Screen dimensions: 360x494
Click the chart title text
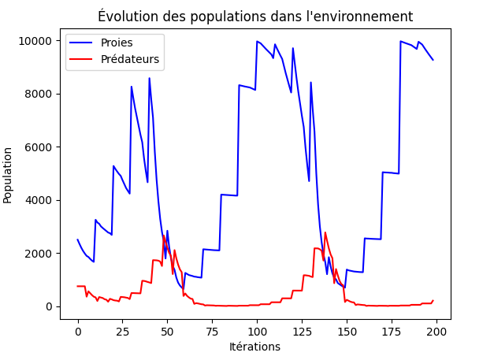254,17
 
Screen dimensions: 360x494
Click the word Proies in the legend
117,42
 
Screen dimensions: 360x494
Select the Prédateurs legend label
129,59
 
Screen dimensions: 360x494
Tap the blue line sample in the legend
82,43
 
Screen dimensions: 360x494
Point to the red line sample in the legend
82,59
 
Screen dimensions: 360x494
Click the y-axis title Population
9,175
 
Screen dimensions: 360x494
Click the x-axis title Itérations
254,347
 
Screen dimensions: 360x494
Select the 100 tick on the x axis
257,330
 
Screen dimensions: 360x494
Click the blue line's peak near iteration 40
149,78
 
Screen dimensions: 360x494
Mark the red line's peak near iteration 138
325,232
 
